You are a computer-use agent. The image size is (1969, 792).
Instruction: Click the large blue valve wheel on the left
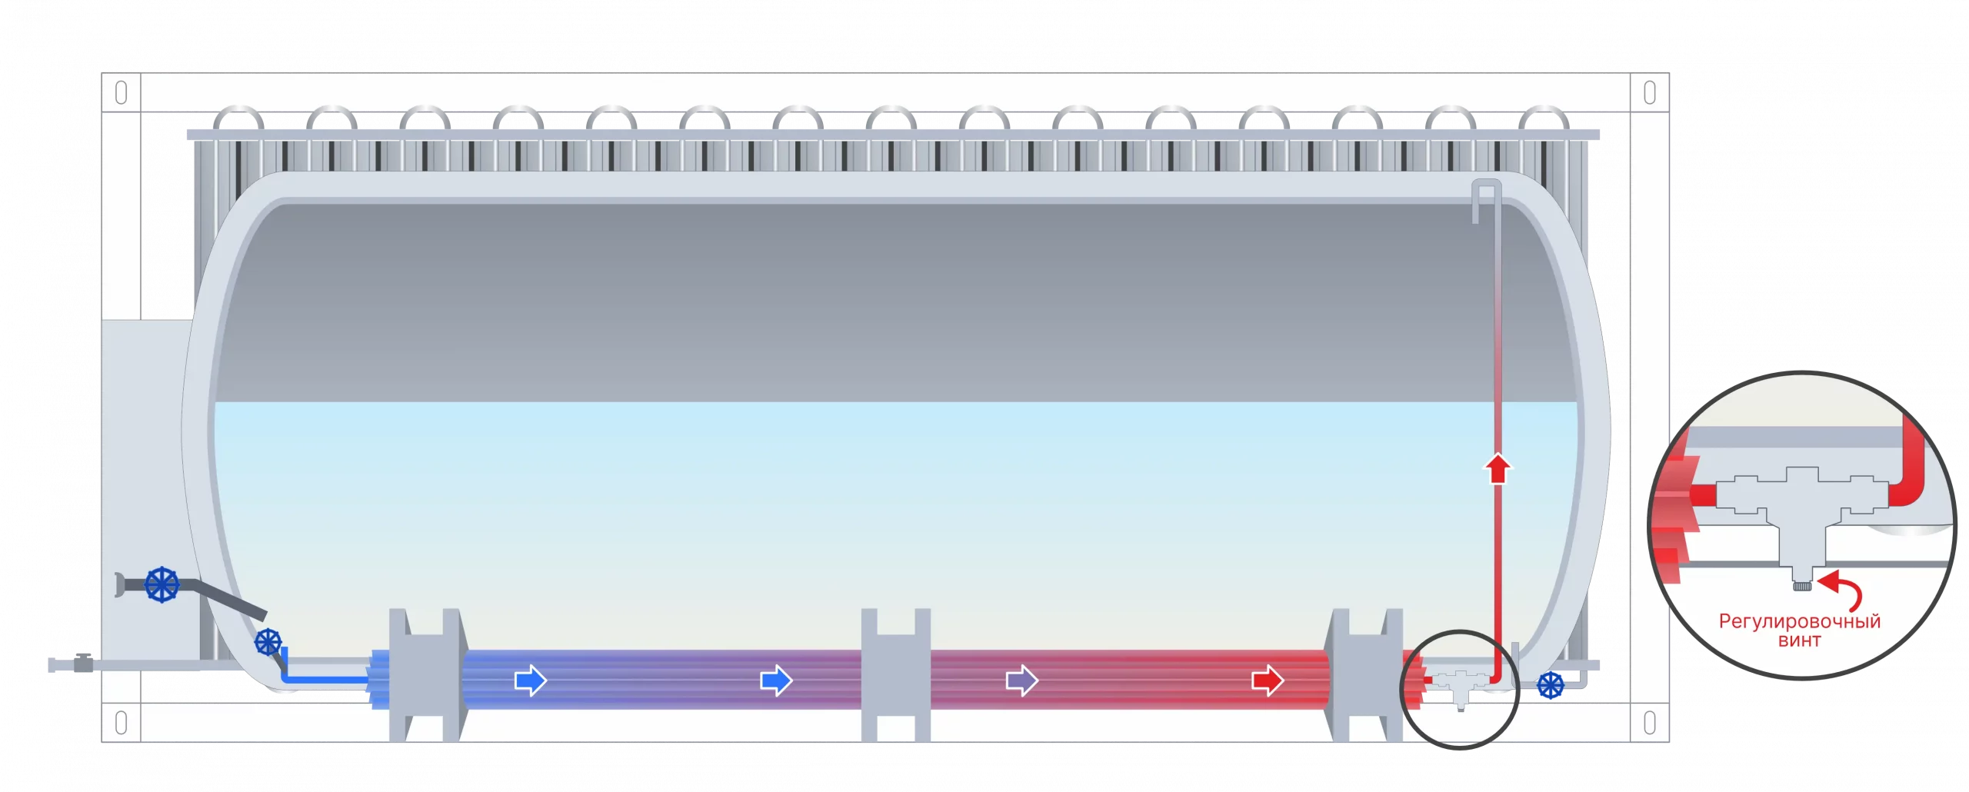[x=162, y=584]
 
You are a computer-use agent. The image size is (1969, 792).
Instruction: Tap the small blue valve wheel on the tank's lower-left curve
[x=268, y=641]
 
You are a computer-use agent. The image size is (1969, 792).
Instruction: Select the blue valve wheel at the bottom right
[x=1550, y=685]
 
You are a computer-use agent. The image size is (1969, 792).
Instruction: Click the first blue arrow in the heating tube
[x=531, y=681]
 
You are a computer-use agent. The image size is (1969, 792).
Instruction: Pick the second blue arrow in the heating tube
[x=776, y=681]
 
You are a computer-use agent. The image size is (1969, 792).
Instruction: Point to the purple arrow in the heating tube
[x=1022, y=681]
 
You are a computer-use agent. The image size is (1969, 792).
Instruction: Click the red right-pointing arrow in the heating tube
[x=1268, y=681]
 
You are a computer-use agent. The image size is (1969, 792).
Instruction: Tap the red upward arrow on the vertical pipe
[x=1497, y=469]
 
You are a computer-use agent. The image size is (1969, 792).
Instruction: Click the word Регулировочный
[x=1800, y=621]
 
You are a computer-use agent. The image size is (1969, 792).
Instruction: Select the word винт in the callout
[x=1800, y=641]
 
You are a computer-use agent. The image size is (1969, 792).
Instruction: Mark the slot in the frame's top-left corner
[x=121, y=93]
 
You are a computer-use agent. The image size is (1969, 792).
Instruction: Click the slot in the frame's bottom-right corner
[x=1649, y=723]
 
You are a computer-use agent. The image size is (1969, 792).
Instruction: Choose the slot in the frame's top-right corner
[x=1649, y=93]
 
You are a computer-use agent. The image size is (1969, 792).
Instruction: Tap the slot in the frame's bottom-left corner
[x=121, y=723]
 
